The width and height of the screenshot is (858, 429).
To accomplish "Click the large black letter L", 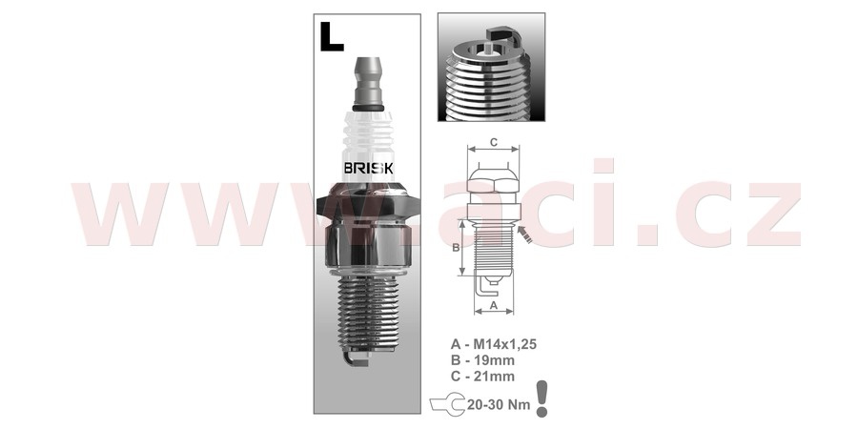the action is (332, 36).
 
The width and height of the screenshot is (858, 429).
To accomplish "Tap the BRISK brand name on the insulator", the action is (368, 168).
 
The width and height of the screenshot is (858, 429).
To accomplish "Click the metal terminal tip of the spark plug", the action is (368, 82).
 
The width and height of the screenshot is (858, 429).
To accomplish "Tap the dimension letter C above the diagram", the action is (493, 142).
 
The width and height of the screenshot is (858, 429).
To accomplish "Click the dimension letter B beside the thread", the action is (456, 247).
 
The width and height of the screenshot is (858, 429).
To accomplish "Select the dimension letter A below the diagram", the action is (493, 305).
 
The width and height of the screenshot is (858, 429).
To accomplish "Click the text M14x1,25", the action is (504, 344).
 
